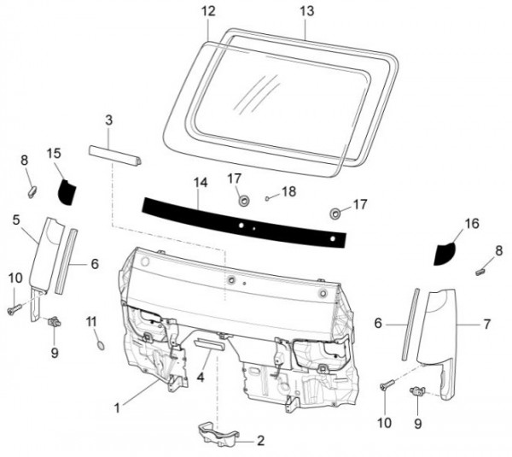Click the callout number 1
pyautogui.click(x=117, y=407)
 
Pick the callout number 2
pyautogui.click(x=261, y=441)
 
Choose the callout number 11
pyautogui.click(x=91, y=320)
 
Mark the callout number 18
pyautogui.click(x=288, y=192)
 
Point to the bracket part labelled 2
pyautogui.click(x=218, y=433)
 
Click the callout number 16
pyautogui.click(x=472, y=224)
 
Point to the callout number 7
pyautogui.click(x=486, y=325)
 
